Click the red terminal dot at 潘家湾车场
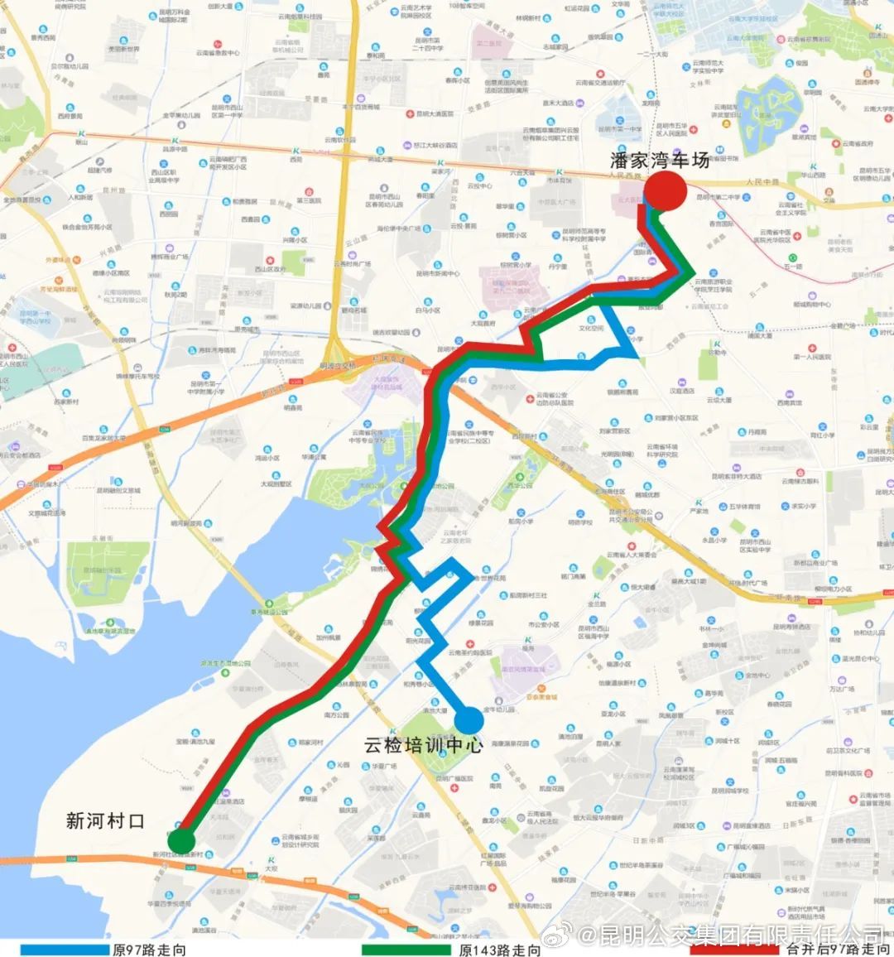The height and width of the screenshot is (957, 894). (665, 191)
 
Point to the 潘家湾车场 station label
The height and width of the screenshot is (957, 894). (660, 160)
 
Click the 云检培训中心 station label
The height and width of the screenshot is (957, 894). (422, 745)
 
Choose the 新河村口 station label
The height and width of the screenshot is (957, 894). (105, 820)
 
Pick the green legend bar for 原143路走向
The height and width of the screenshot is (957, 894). (406, 950)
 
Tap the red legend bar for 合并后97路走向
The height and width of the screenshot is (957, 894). (733, 950)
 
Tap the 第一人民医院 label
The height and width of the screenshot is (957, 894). (810, 357)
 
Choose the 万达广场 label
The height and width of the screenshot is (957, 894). (842, 689)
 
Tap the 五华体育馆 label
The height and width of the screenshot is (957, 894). (744, 506)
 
